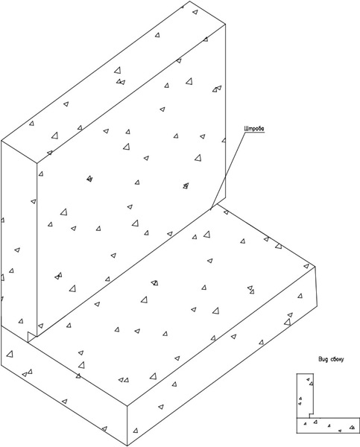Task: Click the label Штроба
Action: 254,129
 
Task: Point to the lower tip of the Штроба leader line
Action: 210,210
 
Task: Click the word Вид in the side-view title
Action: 323,359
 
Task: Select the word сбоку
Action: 337,359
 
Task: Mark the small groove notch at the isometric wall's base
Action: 31,337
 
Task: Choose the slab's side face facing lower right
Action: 223,356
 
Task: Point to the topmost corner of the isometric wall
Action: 190,1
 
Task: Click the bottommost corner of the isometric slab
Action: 127,446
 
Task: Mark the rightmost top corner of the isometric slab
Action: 315,267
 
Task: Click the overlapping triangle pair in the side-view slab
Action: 353,427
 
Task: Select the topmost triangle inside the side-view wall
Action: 308,379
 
